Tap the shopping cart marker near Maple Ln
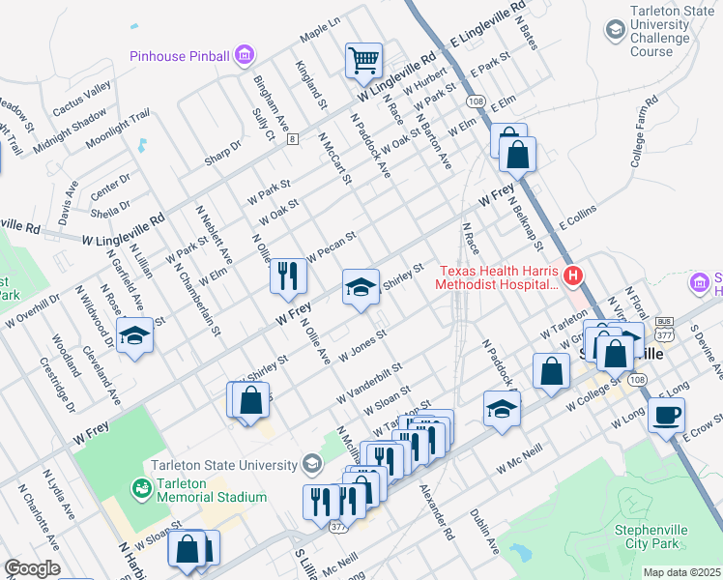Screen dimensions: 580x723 [x=364, y=60]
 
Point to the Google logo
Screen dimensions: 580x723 [x=32, y=568]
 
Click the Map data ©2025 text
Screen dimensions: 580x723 [x=681, y=572]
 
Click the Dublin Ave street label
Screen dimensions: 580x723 [x=484, y=531]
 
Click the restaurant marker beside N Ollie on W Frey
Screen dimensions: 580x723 [x=287, y=276]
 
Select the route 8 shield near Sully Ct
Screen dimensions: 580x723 [x=292, y=139]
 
